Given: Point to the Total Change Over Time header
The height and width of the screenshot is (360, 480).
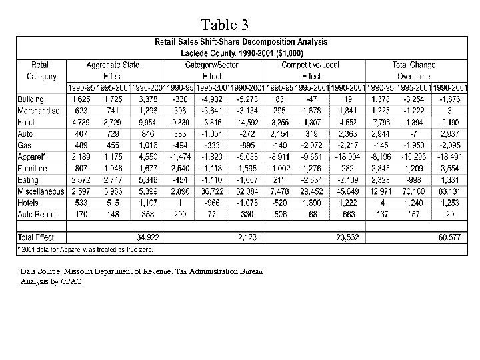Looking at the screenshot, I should pos(423,71).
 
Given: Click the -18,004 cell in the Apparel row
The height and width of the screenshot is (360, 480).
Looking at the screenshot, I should pos(348,157).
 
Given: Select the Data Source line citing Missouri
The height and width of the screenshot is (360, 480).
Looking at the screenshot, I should pos(141,272).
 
